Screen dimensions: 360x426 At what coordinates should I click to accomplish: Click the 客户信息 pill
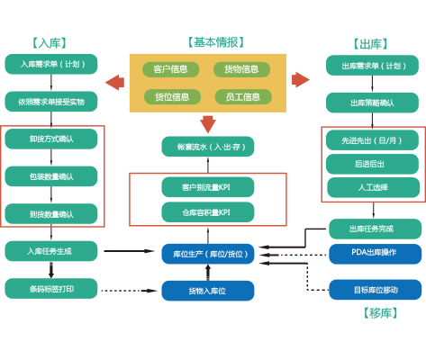pyautogui.click(x=170, y=69)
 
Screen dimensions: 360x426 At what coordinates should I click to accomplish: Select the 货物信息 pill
pyautogui.click(x=240, y=69)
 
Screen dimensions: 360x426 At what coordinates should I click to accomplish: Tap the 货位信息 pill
pyautogui.click(x=170, y=96)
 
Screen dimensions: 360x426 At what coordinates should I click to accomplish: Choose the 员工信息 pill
pyautogui.click(x=240, y=96)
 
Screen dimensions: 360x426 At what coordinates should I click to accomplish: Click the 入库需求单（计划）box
pyautogui.click(x=50, y=65)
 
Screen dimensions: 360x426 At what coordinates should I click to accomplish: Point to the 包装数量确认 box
pyautogui.click(x=50, y=176)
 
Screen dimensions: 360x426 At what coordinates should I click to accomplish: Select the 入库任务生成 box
pyautogui.click(x=50, y=251)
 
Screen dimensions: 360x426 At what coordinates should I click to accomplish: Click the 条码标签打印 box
pyautogui.click(x=50, y=288)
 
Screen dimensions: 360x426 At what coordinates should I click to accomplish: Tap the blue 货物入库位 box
pyautogui.click(x=207, y=291)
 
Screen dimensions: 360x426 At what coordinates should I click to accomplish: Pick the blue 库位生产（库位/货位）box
pyautogui.click(x=207, y=254)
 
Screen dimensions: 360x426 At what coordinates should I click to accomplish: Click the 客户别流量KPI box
pyautogui.click(x=207, y=187)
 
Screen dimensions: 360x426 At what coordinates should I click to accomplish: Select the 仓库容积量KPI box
pyautogui.click(x=207, y=211)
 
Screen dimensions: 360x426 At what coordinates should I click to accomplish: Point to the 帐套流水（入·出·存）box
pyautogui.click(x=207, y=146)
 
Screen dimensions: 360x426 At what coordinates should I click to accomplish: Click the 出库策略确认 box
pyautogui.click(x=372, y=103)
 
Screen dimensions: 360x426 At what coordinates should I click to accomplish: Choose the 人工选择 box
pyautogui.click(x=372, y=187)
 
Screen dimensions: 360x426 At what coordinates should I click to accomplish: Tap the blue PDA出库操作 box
pyautogui.click(x=374, y=253)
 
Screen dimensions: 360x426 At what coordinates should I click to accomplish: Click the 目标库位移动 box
pyautogui.click(x=374, y=290)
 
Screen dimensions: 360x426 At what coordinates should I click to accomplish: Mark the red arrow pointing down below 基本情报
pyautogui.click(x=208, y=124)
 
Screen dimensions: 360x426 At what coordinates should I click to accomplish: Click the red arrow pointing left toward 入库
pyautogui.click(x=114, y=83)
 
